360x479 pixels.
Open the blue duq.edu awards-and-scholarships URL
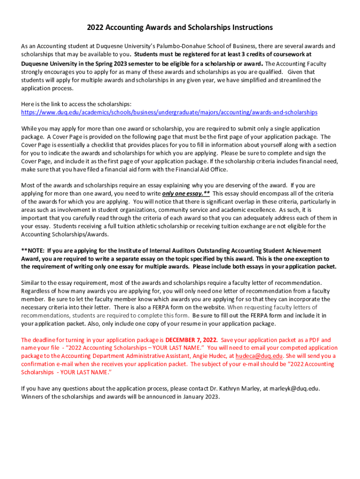(169, 112)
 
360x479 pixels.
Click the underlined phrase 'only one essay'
(183, 193)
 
